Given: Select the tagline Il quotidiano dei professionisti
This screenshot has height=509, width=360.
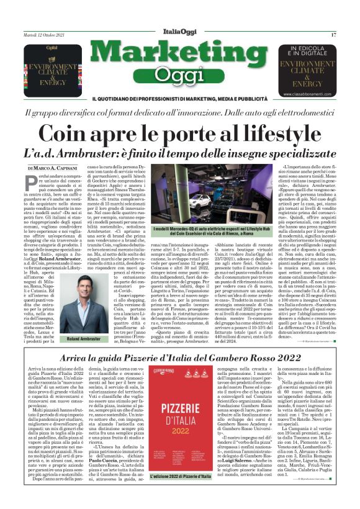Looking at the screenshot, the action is (179, 99).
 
